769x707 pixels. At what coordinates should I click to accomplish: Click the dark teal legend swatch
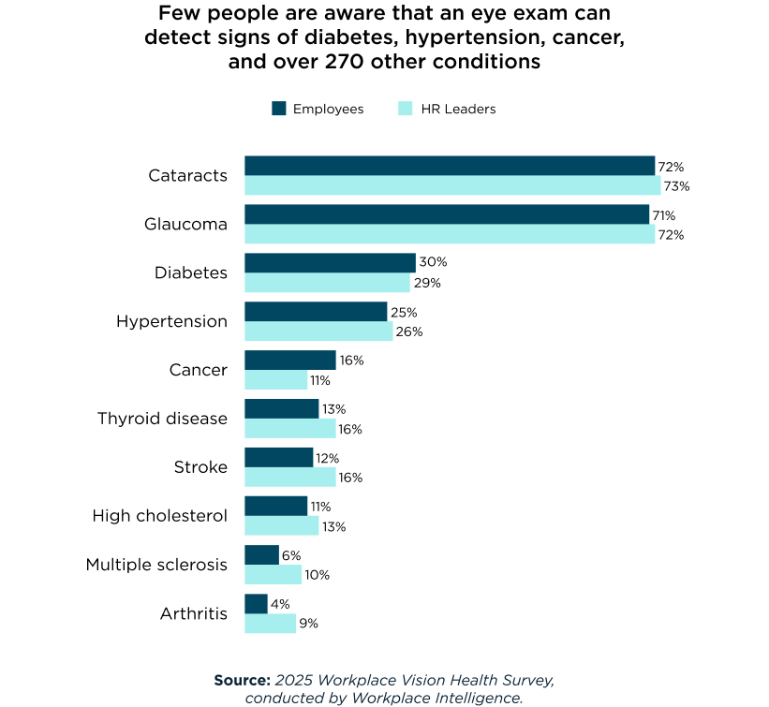pos(279,109)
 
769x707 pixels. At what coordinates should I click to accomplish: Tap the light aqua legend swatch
pos(406,109)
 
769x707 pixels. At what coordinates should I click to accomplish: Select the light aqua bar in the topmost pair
pos(452,185)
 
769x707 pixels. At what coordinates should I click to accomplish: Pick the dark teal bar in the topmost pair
pos(450,166)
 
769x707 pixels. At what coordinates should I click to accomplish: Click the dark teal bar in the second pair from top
pos(447,214)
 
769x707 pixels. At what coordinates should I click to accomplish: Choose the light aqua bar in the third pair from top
pos(327,283)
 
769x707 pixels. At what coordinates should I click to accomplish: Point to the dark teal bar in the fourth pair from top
pos(316,311)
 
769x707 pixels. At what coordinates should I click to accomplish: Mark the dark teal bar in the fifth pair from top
pos(290,360)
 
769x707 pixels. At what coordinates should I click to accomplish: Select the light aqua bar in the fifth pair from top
pos(276,380)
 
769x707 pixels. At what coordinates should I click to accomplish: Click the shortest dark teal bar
pos(256,603)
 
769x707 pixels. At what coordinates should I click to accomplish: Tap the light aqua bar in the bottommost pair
pos(271,624)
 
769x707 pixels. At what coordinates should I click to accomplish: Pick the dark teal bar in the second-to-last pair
pos(261,554)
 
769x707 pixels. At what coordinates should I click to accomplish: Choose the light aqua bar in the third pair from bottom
pos(282,525)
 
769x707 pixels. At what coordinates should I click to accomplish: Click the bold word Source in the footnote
pos(242,681)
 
